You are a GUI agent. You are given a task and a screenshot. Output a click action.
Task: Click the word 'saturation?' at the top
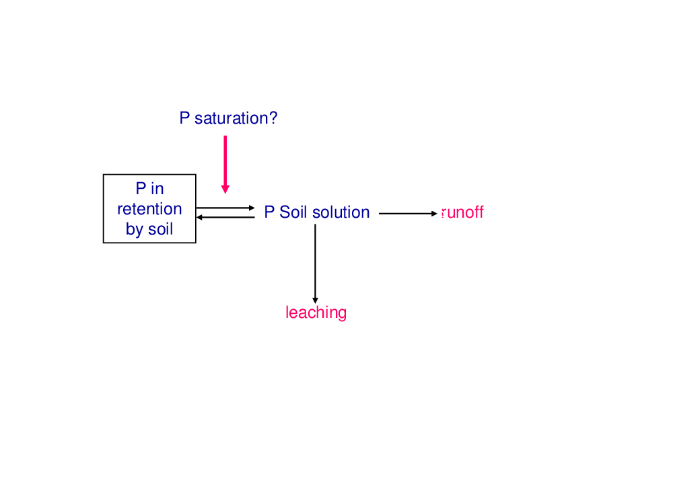click(x=236, y=118)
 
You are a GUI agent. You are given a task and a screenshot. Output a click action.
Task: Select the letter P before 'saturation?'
click(x=184, y=118)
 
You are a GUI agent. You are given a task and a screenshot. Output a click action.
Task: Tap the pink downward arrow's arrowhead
click(x=225, y=190)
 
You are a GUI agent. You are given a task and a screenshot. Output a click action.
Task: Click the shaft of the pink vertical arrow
click(x=225, y=161)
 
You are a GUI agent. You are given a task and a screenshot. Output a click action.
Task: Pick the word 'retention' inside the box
click(x=149, y=209)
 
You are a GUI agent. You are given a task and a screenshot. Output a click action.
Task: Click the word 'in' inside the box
click(x=157, y=189)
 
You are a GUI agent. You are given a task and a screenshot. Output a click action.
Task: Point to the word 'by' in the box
click(x=135, y=230)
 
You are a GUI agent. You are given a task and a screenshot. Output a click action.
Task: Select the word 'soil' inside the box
click(x=161, y=229)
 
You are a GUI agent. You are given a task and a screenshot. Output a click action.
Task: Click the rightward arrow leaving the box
click(x=225, y=208)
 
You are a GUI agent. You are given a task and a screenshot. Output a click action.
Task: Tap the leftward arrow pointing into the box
click(x=225, y=217)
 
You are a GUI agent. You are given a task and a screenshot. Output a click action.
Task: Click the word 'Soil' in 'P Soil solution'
click(x=293, y=212)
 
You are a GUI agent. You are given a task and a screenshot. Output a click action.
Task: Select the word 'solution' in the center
click(x=341, y=212)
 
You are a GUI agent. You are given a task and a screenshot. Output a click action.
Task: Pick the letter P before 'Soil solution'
click(x=269, y=212)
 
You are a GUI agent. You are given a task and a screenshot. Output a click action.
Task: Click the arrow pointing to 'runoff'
click(x=408, y=214)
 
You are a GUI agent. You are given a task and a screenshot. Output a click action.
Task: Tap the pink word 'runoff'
click(x=462, y=212)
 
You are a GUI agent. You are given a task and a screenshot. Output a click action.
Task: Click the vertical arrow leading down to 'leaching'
click(x=315, y=263)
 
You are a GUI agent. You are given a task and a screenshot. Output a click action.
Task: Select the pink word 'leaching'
click(x=316, y=312)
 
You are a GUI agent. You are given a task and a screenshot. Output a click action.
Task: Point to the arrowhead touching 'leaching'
click(x=315, y=300)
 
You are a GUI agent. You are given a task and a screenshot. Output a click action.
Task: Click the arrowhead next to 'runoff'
click(x=434, y=214)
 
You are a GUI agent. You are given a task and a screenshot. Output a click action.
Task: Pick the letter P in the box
click(x=141, y=189)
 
